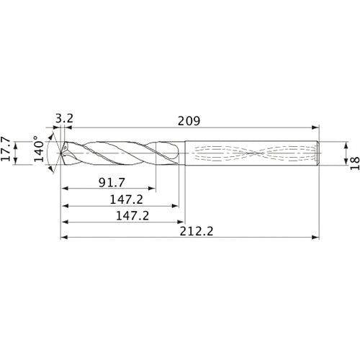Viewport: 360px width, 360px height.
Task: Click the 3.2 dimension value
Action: [63, 116]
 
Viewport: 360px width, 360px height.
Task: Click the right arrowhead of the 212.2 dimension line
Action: [316, 236]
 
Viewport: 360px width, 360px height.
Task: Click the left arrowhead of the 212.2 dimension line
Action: [63, 236]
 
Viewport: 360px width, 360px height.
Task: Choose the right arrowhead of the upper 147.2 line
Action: [175, 206]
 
